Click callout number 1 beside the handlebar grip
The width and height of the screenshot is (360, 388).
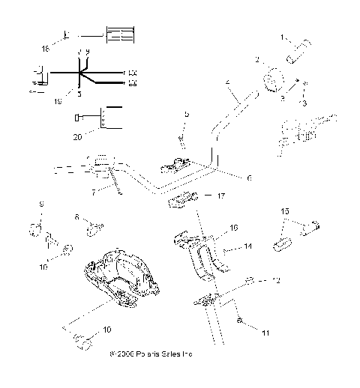click(283, 37)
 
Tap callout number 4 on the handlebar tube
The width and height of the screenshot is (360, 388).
click(228, 81)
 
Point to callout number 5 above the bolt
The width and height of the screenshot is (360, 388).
click(187, 114)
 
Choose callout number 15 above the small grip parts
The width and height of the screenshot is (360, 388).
click(283, 212)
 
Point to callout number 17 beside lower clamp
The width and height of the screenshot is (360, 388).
click(220, 197)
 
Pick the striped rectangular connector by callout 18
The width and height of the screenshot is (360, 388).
click(121, 35)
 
